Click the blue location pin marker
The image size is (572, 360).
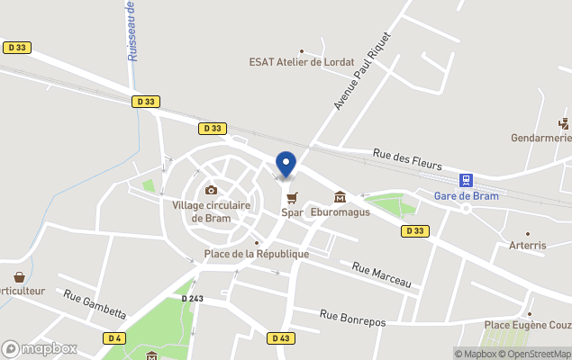point(286,165)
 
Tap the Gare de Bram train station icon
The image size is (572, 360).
point(466,180)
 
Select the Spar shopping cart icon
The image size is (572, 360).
point(291,197)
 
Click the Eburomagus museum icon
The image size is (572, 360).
point(340,197)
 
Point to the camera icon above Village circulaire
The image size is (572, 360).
point(211,190)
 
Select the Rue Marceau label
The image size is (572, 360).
point(381,274)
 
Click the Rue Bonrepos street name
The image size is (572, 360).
point(353,317)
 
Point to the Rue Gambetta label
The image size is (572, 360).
point(95,303)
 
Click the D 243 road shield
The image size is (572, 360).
point(193,298)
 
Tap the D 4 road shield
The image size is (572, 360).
point(113,337)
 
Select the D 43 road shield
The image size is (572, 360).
point(280,337)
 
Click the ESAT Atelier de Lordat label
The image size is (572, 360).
point(301,62)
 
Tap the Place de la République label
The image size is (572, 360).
point(256,254)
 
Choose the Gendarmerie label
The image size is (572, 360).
point(541,139)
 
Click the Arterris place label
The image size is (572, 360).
point(528,245)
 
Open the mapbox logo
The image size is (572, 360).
point(40,348)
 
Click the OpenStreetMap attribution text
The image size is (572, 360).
point(539,354)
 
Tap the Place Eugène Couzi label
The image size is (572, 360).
point(528,324)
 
